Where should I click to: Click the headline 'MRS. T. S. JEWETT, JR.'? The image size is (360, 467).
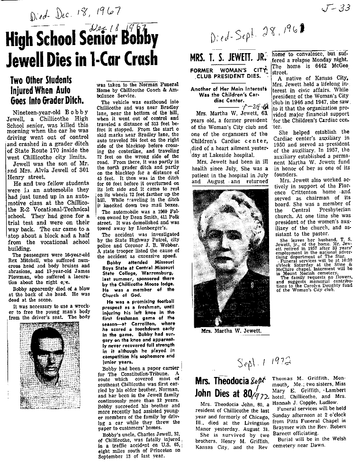[228, 58]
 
